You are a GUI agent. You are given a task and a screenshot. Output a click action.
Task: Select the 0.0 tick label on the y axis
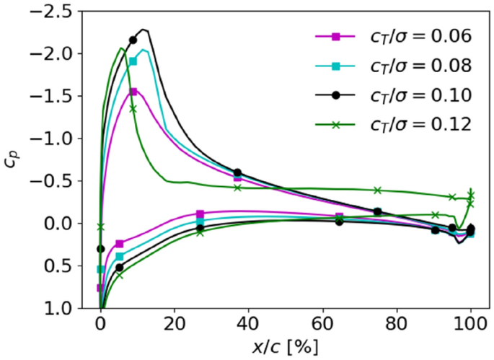[65, 224]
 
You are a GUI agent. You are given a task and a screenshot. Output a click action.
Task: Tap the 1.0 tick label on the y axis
[65, 308]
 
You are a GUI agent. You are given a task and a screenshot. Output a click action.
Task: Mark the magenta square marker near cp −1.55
[133, 92]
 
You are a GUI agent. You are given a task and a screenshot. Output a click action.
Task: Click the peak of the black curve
[145, 30]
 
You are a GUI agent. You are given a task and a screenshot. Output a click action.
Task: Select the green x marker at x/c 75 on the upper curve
[378, 190]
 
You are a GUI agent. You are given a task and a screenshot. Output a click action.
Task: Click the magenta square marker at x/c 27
[200, 214]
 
